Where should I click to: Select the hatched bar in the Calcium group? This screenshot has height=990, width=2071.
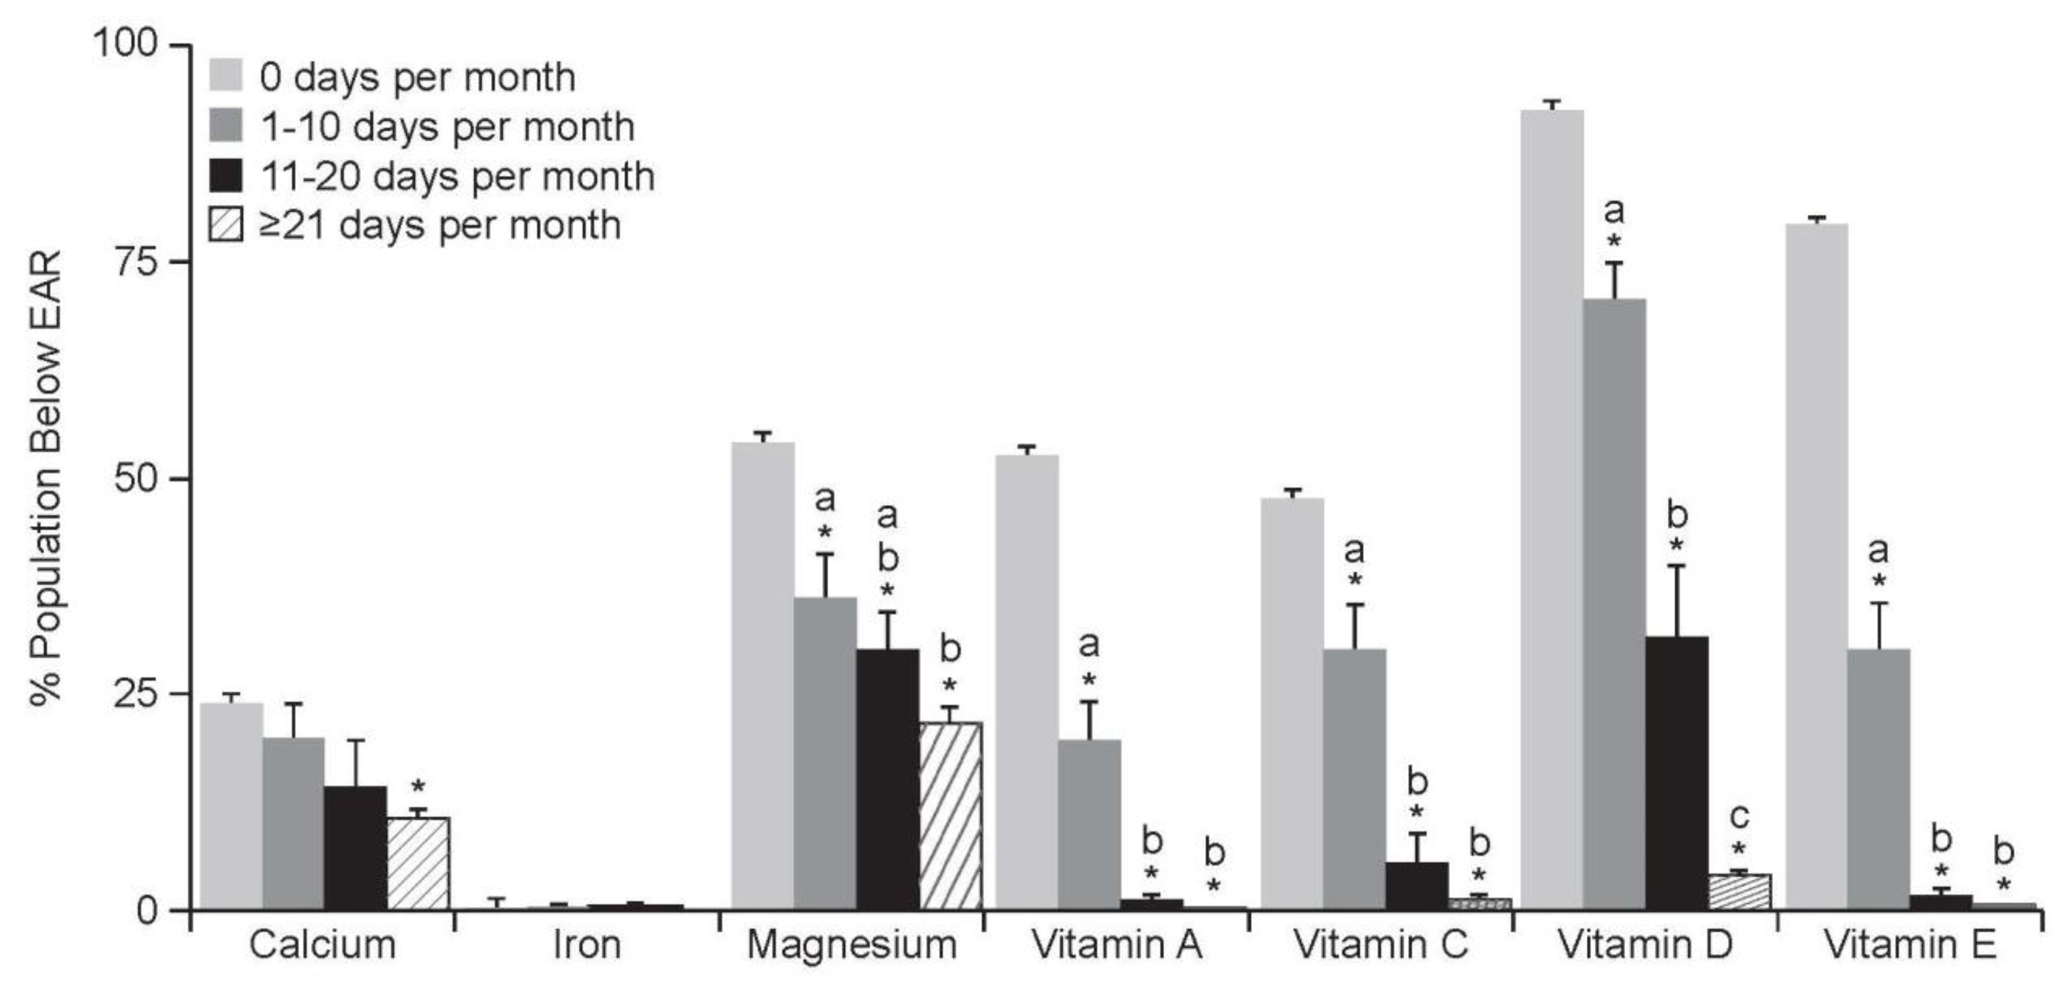click(x=418, y=864)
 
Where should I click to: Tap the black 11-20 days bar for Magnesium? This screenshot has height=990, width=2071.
click(x=887, y=780)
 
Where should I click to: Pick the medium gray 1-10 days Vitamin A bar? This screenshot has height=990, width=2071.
click(x=1088, y=824)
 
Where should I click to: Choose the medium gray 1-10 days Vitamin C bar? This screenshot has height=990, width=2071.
click(x=1354, y=780)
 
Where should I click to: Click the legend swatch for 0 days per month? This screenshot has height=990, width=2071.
click(x=226, y=76)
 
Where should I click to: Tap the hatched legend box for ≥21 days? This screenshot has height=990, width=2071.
click(x=226, y=224)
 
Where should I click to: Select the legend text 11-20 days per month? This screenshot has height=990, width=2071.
click(x=457, y=176)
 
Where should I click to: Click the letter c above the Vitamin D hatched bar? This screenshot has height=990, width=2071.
click(x=1739, y=818)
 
